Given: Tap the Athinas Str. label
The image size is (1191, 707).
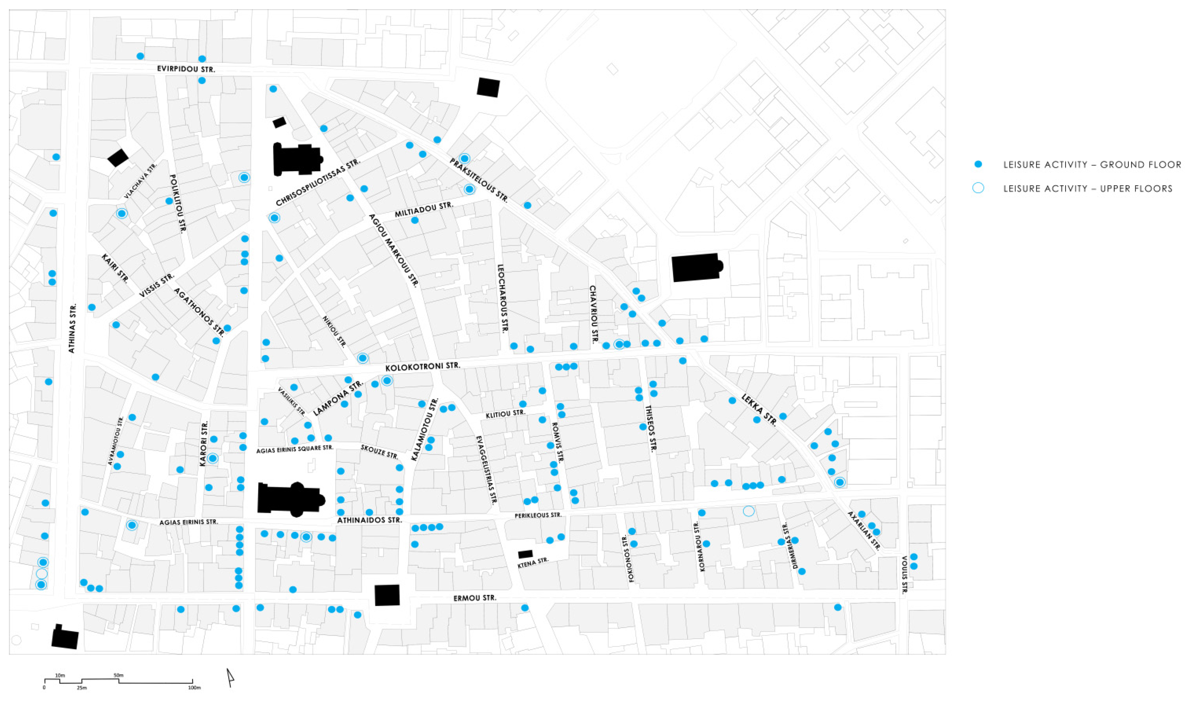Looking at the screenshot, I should tap(72, 329).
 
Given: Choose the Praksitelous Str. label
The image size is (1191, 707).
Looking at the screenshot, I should tap(479, 180).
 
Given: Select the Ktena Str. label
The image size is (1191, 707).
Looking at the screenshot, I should tap(533, 563).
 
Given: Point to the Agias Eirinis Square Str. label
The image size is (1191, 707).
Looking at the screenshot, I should tap(294, 449).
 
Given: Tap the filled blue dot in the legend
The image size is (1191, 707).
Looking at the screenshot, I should tap(978, 164).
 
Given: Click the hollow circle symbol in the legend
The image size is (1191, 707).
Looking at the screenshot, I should tap(978, 188).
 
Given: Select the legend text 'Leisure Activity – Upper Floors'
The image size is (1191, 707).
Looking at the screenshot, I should tap(1088, 189).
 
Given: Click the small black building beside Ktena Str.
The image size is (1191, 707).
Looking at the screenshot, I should tap(525, 554).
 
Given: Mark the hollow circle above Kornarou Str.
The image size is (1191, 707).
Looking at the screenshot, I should tap(748, 511).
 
